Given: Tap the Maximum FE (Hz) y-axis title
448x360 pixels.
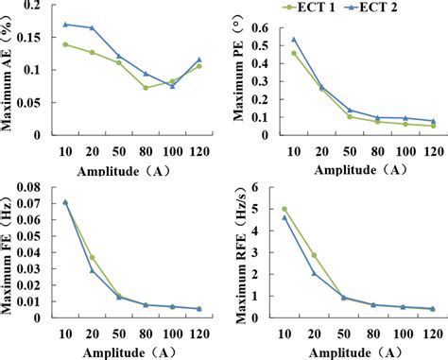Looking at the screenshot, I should [x=8, y=250].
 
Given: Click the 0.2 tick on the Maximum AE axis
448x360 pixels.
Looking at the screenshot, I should [x=35, y=6].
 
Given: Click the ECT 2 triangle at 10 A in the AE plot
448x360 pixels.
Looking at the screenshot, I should [x=65, y=24].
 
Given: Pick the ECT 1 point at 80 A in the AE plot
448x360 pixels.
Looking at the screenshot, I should [x=146, y=88].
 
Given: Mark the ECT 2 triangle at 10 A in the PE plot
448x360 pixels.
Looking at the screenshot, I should [x=294, y=40].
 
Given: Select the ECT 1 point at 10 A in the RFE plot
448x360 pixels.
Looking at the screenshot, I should [x=284, y=209].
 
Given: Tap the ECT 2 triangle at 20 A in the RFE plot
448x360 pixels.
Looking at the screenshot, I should [x=313, y=273].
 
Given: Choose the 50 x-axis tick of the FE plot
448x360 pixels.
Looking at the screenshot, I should [x=119, y=327].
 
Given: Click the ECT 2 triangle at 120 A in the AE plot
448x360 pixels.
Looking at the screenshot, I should [x=199, y=60].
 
